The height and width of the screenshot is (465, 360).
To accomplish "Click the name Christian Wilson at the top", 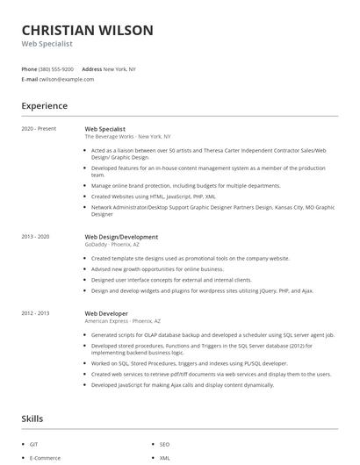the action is pos(87,31).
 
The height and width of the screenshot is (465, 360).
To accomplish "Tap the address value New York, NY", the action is pos(119,68).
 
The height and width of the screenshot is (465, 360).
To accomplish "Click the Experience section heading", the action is pos(44,106).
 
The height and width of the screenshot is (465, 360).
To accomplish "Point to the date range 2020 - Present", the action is pos(39,129).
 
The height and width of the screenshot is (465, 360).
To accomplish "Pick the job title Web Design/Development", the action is pos(121,237).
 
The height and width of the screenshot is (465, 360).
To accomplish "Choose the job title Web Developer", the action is pos(106,313).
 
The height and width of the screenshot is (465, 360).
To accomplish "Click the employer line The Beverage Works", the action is pos(127,137).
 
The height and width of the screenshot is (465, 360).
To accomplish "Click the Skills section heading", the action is pos(32,418).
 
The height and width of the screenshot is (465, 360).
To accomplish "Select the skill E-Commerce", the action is pos(44,458).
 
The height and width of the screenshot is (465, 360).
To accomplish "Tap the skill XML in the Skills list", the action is pos(164,458).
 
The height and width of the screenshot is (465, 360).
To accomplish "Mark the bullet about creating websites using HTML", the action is pos(154,197).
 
